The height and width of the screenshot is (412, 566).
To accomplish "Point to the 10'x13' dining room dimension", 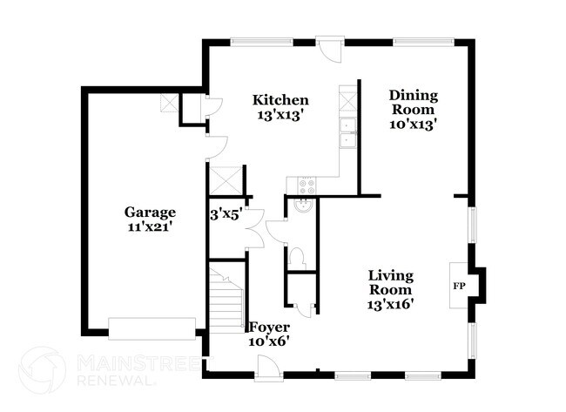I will [413, 124].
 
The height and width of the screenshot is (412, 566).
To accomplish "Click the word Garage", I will [149, 212].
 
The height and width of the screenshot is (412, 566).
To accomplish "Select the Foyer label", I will [269, 327].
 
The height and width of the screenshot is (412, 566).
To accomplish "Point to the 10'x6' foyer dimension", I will [269, 341].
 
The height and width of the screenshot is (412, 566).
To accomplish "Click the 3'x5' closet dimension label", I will [226, 212].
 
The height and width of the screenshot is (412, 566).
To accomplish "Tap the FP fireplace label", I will [458, 285].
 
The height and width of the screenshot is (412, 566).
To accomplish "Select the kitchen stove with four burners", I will [306, 185].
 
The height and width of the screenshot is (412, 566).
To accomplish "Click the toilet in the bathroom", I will [296, 256].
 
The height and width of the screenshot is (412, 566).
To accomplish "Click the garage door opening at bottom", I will [152, 328].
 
